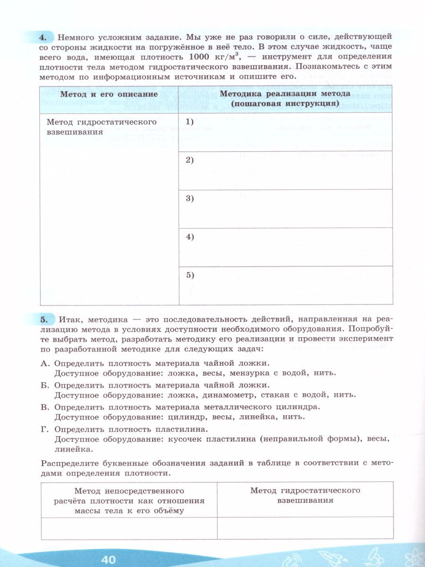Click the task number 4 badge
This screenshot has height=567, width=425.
coord(43,36)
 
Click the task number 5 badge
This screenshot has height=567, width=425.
coord(43,320)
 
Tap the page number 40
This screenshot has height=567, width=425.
coord(108,559)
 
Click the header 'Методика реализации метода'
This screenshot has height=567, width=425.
coord(285,94)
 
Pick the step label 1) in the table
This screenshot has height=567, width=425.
coord(190,122)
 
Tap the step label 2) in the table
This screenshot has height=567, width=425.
coord(190,160)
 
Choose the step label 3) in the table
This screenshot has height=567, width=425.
coord(190,198)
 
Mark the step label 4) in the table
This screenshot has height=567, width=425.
coord(190,237)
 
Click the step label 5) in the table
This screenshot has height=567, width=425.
coord(190,275)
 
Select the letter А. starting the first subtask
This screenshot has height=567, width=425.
coord(45,363)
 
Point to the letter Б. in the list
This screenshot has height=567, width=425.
coord(45,385)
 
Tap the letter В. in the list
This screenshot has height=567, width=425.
coord(45,406)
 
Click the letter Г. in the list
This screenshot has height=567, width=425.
coord(45,428)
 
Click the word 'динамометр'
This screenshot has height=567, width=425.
coord(229,395)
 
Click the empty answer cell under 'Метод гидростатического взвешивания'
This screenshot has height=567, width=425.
coord(305,528)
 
